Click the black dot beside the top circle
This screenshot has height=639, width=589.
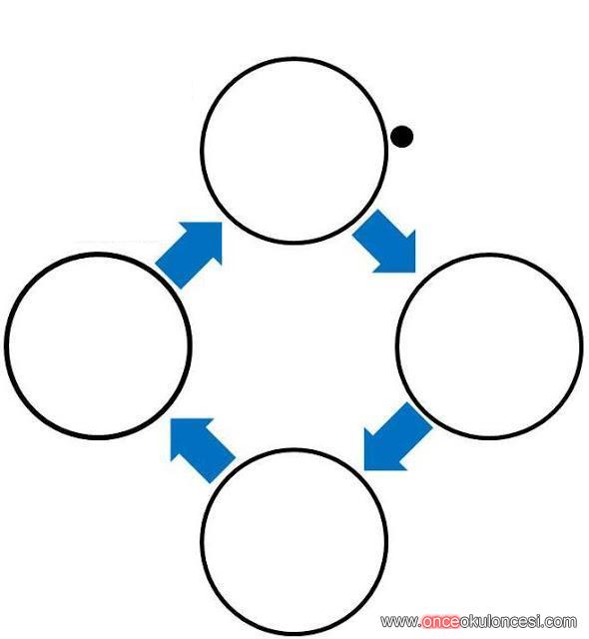point(401,137)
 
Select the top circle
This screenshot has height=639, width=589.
point(294,59)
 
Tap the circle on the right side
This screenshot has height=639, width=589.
point(489,255)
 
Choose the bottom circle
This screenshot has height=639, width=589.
point(294,450)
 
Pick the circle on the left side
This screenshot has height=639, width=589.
point(98,255)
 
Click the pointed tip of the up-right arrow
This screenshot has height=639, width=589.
point(222,223)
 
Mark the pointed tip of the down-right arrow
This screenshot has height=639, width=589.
point(415,273)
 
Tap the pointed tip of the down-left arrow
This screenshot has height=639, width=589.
point(364,470)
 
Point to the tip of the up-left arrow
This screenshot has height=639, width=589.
point(171,418)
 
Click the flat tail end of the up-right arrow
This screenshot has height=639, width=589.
point(168,277)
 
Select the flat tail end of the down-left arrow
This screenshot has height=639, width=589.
point(420,414)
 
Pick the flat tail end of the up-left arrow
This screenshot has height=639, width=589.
point(224,470)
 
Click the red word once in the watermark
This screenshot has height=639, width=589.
point(440,622)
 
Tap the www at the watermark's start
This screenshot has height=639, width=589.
point(398,622)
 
